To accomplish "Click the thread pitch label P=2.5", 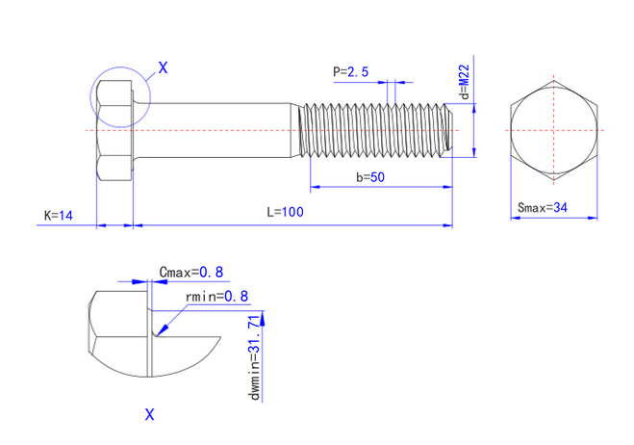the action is point(350,72).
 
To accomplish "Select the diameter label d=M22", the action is point(465,81).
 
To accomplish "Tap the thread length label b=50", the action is point(370,177).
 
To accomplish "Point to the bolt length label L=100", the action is point(285,212).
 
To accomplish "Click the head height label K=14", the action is point(59,215).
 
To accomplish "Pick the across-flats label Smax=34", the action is point(543,208).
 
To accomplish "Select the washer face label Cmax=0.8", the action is point(190,272).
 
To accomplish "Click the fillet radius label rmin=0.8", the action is point(216,297).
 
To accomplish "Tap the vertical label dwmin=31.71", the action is point(255,357).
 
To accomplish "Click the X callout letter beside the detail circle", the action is point(163,67).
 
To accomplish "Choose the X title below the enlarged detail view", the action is point(150,414).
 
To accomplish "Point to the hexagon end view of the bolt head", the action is point(554,130).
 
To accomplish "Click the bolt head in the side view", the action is point(114,130).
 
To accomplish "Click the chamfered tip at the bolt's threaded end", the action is point(449,130).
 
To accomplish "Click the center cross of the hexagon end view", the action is point(554,130).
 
